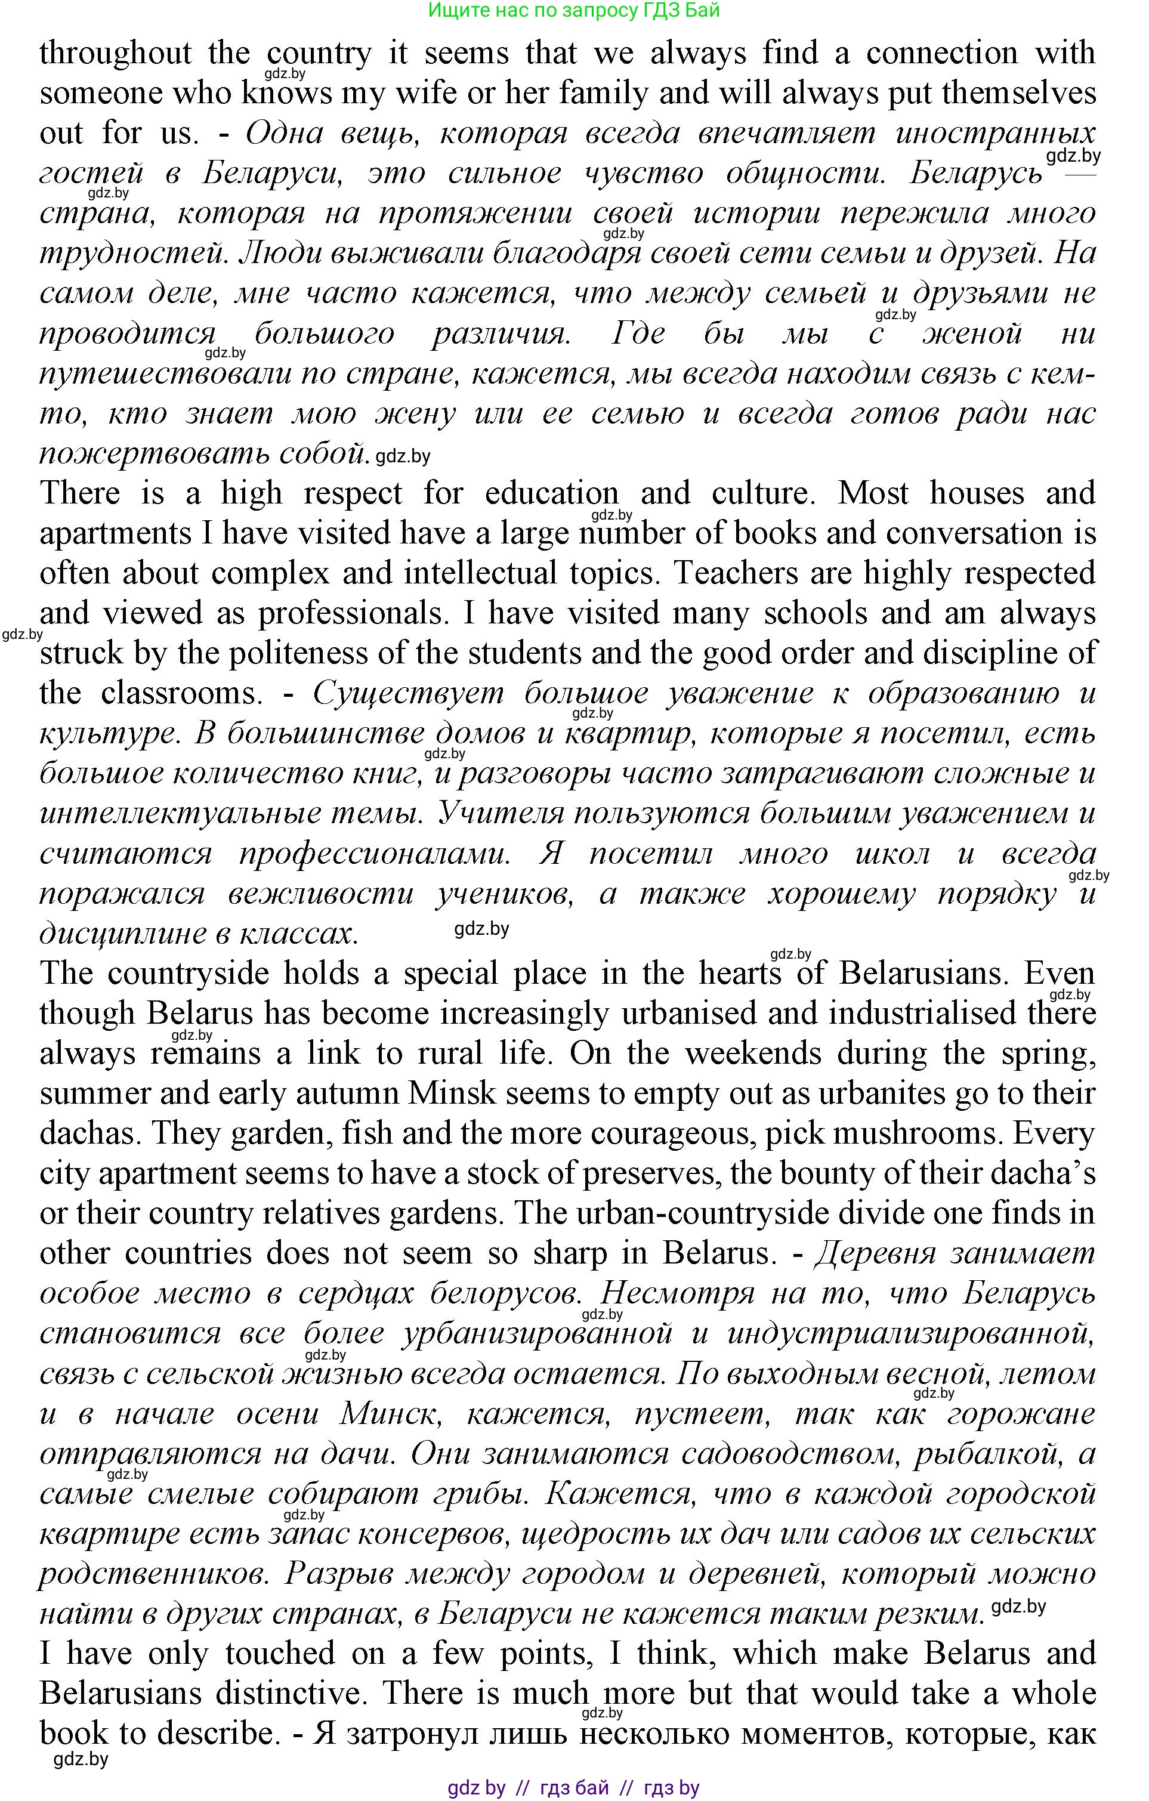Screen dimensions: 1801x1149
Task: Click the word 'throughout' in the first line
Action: (115, 54)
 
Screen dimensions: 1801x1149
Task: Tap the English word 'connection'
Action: (942, 54)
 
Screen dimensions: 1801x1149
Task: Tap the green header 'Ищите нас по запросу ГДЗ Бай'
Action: (574, 11)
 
